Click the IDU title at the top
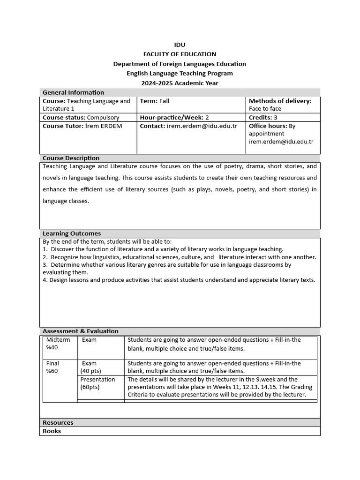pyautogui.click(x=180, y=45)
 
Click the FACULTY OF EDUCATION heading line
pyautogui.click(x=180, y=54)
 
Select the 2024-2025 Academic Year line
pyautogui.click(x=180, y=83)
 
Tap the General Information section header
pyautogui.click(x=73, y=92)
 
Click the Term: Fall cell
pyautogui.click(x=155, y=101)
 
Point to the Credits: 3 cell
pyautogui.click(x=263, y=117)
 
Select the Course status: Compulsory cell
pyautogui.click(x=81, y=117)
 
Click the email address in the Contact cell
pyautogui.click(x=202, y=126)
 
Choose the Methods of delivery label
pyautogui.click(x=280, y=101)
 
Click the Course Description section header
pyautogui.click(x=71, y=158)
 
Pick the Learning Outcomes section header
pyautogui.click(x=72, y=233)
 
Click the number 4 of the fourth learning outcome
pyautogui.click(x=45, y=280)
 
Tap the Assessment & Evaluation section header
pyautogui.click(x=80, y=331)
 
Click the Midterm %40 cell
pyautogui.click(x=59, y=344)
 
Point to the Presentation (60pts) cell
pyautogui.click(x=97, y=383)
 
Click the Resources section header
pyautogui.click(x=58, y=422)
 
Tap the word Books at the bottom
pyautogui.click(x=52, y=431)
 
